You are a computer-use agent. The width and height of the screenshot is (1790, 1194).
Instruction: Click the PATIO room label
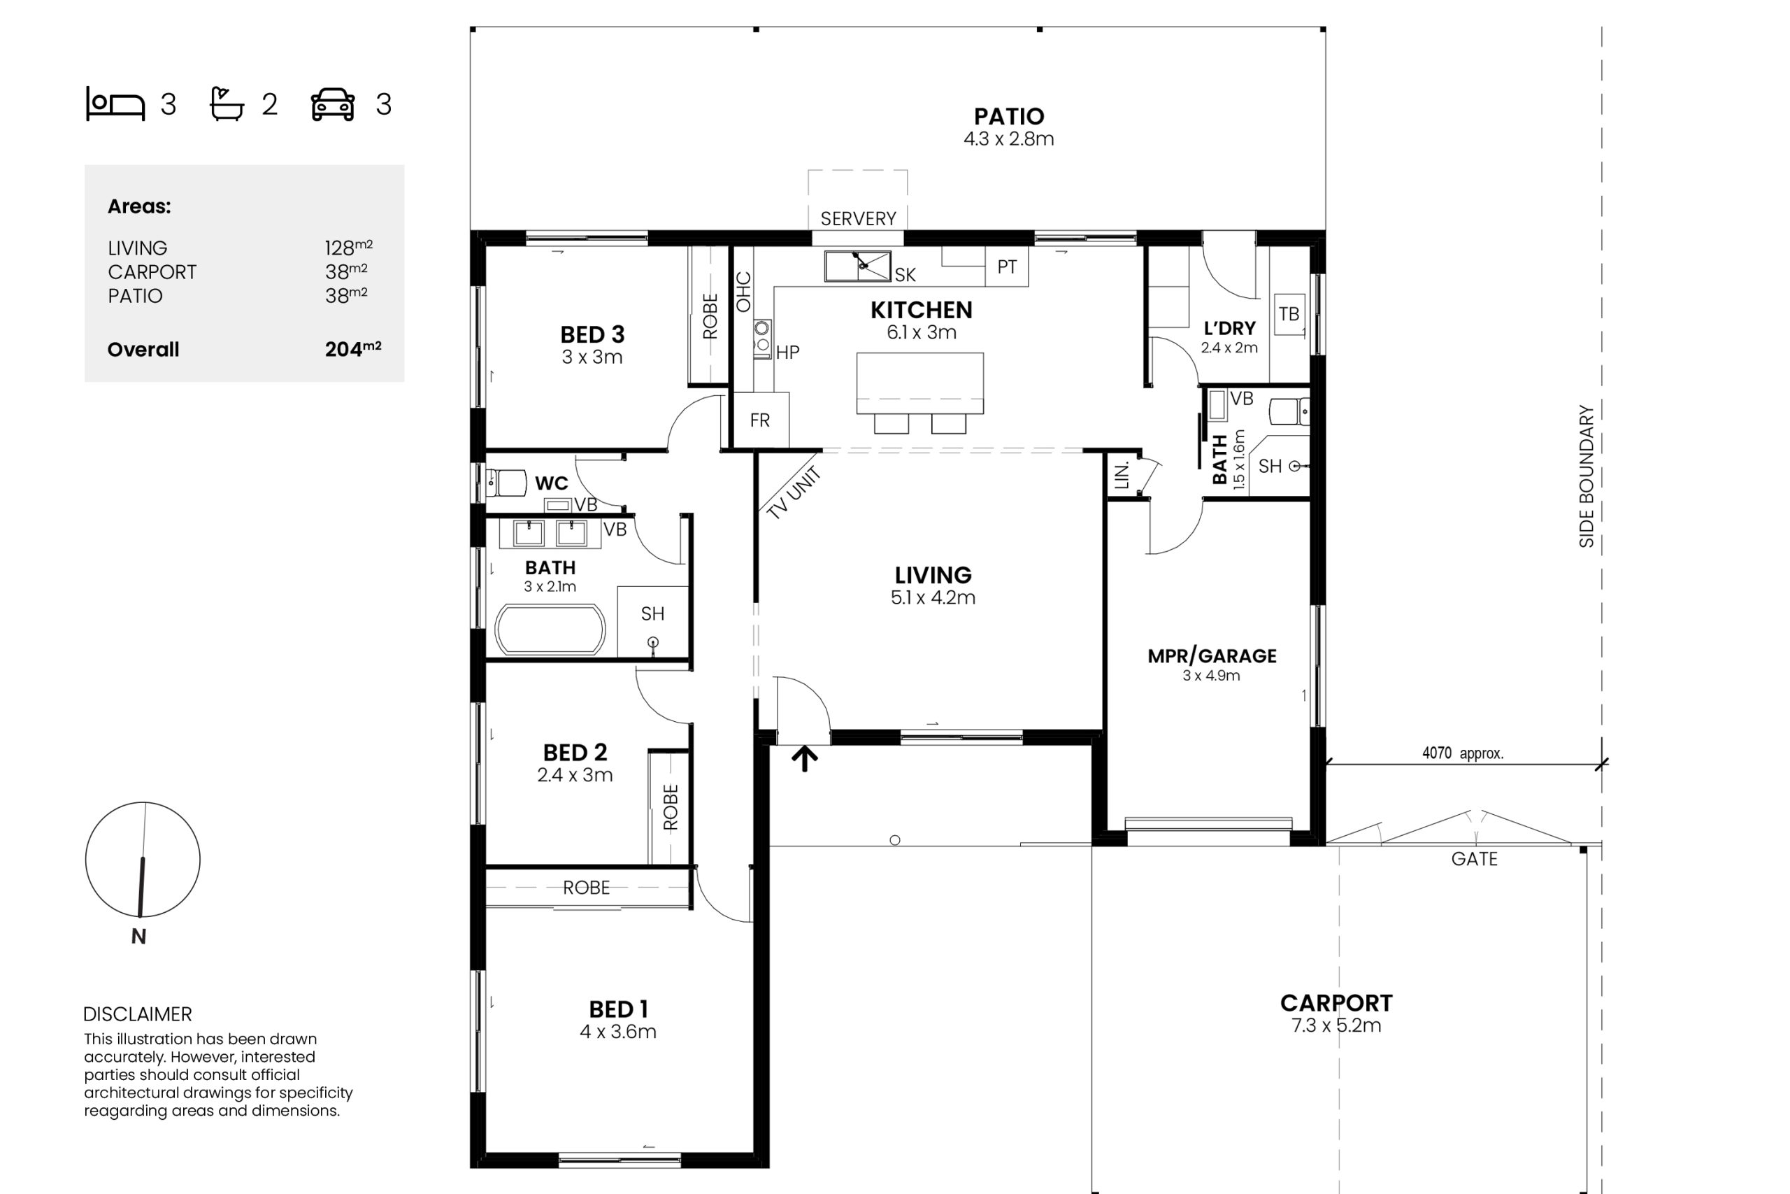click(x=1008, y=117)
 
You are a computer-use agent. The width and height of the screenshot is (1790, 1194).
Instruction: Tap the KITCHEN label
click(x=921, y=310)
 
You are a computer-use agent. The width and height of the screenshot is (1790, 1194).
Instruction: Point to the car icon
click(x=333, y=104)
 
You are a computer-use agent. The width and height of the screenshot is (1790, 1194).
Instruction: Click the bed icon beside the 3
click(x=115, y=104)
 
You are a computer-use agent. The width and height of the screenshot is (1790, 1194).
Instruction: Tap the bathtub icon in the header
click(x=227, y=104)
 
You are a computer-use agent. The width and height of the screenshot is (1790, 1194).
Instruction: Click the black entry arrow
click(x=804, y=759)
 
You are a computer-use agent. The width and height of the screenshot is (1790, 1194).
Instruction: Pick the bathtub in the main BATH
click(x=550, y=630)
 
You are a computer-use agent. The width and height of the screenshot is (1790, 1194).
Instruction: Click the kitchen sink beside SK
click(x=858, y=266)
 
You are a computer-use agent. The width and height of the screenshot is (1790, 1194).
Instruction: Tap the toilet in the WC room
click(x=506, y=483)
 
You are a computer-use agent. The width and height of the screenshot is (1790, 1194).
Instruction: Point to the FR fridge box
click(x=760, y=420)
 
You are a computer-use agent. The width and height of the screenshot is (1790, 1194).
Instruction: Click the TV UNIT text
click(x=794, y=493)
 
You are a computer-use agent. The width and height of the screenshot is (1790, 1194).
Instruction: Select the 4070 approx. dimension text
click(x=1463, y=753)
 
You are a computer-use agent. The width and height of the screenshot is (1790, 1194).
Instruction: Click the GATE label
click(x=1474, y=859)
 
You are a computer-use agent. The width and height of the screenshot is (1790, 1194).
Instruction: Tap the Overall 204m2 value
click(x=353, y=349)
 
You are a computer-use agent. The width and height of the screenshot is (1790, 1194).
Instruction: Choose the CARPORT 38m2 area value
click(x=346, y=271)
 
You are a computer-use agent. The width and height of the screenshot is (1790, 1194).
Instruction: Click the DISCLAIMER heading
click(x=138, y=1014)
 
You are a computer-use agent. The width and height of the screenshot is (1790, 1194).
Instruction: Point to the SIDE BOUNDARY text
click(x=1586, y=476)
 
